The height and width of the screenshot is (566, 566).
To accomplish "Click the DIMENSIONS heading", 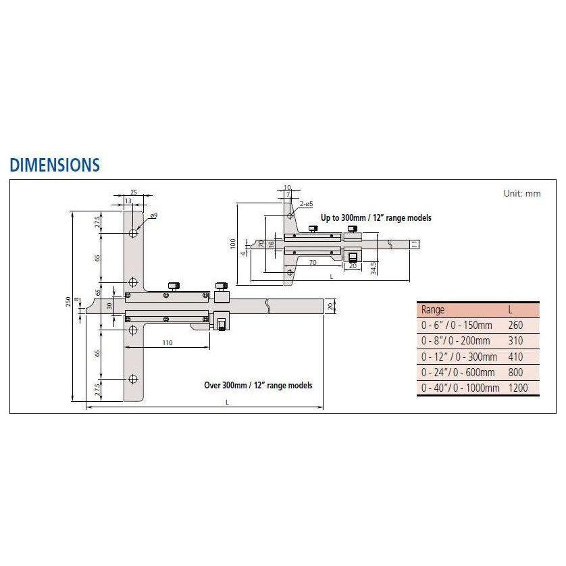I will [55, 165].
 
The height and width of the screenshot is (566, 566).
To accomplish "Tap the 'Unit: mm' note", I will [521, 193].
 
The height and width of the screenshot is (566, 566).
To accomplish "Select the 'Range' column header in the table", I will [433, 310].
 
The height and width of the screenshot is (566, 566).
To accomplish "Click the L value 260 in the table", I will [515, 326].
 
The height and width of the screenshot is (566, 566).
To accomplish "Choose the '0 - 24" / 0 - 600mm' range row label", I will [459, 372].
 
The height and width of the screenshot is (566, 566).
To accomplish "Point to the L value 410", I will [515, 357].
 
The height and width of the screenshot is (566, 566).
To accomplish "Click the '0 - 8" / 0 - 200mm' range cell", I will [458, 341].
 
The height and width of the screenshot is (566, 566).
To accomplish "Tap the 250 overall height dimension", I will [69, 303].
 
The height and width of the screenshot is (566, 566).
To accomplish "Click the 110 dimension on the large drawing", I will [168, 342].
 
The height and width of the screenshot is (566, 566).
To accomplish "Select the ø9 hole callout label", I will [153, 215].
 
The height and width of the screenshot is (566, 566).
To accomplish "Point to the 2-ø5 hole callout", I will [306, 203].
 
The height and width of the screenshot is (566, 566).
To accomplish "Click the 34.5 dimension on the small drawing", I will [374, 269].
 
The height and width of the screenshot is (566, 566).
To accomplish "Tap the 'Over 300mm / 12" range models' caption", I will [258, 385].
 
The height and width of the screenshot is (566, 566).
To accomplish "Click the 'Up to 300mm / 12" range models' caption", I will [376, 218].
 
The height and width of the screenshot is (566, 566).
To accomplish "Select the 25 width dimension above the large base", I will [133, 192].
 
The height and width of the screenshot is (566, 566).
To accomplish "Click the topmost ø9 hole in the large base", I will [133, 233].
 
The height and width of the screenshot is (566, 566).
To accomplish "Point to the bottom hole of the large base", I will [133, 379].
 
